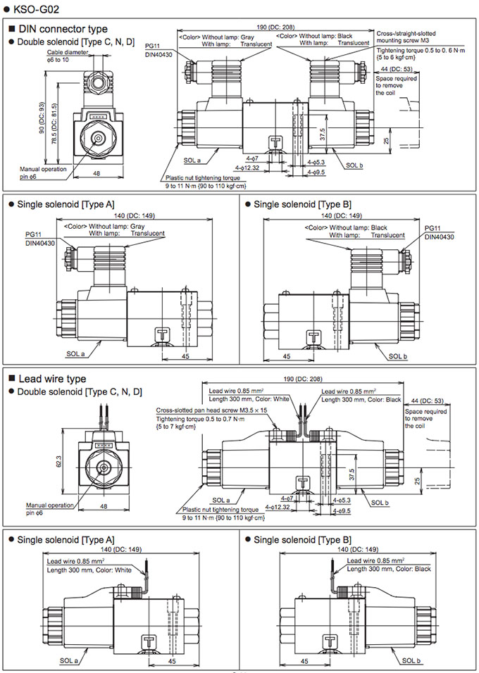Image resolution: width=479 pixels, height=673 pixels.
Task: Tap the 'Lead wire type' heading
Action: (x=51, y=379)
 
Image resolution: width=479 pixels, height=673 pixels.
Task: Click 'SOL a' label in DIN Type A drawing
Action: (x=75, y=354)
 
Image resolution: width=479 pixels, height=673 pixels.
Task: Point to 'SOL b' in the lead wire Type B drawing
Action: (x=409, y=661)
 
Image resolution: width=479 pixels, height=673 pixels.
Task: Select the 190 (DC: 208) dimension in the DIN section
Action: (x=272, y=26)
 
